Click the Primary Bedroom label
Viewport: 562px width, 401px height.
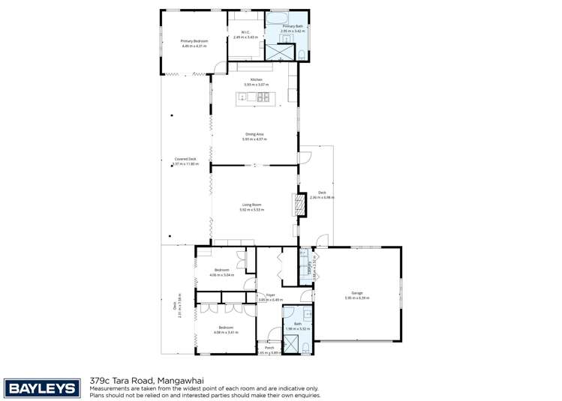(x=194, y=40)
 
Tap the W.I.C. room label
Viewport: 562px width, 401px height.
(x=245, y=31)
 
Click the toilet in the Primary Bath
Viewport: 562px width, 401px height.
(x=300, y=55)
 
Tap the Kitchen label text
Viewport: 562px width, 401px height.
(x=255, y=79)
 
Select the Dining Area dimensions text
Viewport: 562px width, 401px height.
(x=255, y=139)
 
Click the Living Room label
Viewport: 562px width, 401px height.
(x=251, y=204)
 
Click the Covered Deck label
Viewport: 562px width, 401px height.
(x=185, y=159)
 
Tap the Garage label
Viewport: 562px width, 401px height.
(x=356, y=293)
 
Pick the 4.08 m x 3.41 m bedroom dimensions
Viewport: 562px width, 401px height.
(x=227, y=331)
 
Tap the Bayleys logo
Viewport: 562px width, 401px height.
(x=41, y=388)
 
